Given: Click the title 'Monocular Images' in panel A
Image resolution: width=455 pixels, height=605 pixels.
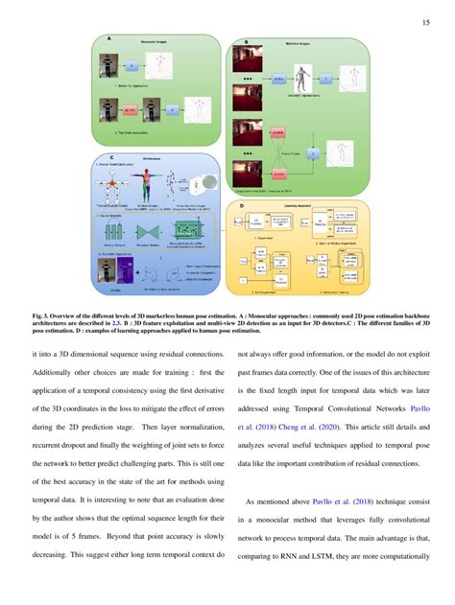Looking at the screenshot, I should click(x=155, y=44).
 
